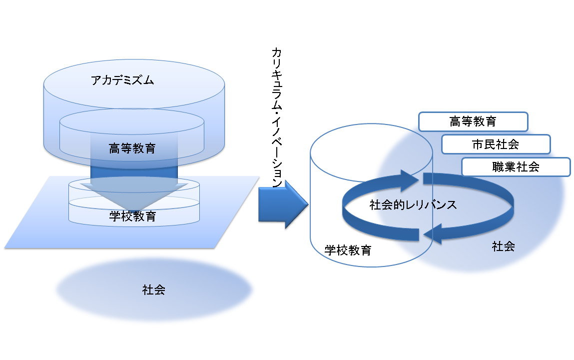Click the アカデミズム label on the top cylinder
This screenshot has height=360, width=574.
coord(122,80)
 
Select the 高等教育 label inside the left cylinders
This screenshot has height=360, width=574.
coord(132,148)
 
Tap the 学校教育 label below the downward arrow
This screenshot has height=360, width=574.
coord(132,216)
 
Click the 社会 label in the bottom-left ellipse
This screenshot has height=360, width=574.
coord(154,290)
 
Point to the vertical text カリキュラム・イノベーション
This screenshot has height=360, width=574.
coord(277,117)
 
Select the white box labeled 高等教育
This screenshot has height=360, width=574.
coord(473,121)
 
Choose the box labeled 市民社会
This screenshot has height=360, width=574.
coord(496,144)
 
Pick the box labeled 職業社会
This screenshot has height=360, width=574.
coord(516,167)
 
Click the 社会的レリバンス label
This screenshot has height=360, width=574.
coord(413,204)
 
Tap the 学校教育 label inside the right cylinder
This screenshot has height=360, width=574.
coord(348,250)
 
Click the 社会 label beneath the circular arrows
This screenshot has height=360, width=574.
coord(504,246)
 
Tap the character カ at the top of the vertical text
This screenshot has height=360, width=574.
coord(277,52)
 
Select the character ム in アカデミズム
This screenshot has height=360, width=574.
coord(149,80)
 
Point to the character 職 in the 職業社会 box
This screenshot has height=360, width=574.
coord(498,167)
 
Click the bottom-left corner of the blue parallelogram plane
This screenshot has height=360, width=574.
coord(5,248)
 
